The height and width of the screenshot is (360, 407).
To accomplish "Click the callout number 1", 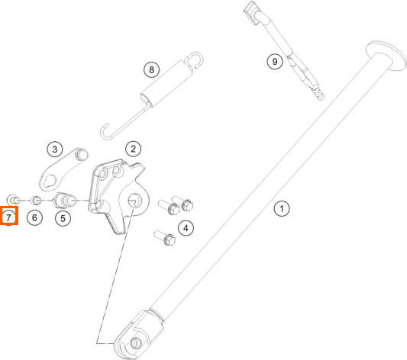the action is (x=282, y=208).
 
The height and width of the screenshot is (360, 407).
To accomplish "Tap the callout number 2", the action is (x=133, y=149).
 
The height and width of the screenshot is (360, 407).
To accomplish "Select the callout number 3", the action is (x=55, y=149).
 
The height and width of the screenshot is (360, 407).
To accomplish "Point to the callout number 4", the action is (x=186, y=228).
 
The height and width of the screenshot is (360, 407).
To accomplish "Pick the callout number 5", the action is (x=63, y=218).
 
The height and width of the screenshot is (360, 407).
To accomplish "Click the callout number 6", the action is (x=34, y=217).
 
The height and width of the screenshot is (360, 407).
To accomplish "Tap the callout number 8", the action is (x=152, y=69).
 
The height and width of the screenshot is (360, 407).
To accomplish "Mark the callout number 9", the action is (x=275, y=62).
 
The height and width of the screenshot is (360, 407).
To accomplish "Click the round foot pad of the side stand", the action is (x=386, y=55).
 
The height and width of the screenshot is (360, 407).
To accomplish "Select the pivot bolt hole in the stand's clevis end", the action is (x=135, y=343).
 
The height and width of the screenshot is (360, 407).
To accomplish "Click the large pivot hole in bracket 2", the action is (x=134, y=200).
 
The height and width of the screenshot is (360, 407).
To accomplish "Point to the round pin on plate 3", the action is (x=81, y=155).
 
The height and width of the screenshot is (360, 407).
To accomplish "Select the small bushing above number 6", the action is (x=36, y=200).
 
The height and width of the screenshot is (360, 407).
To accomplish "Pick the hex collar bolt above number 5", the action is (x=64, y=201).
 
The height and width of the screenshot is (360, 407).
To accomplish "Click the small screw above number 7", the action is (x=12, y=200).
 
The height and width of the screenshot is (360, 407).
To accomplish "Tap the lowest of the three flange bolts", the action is (x=165, y=238).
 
